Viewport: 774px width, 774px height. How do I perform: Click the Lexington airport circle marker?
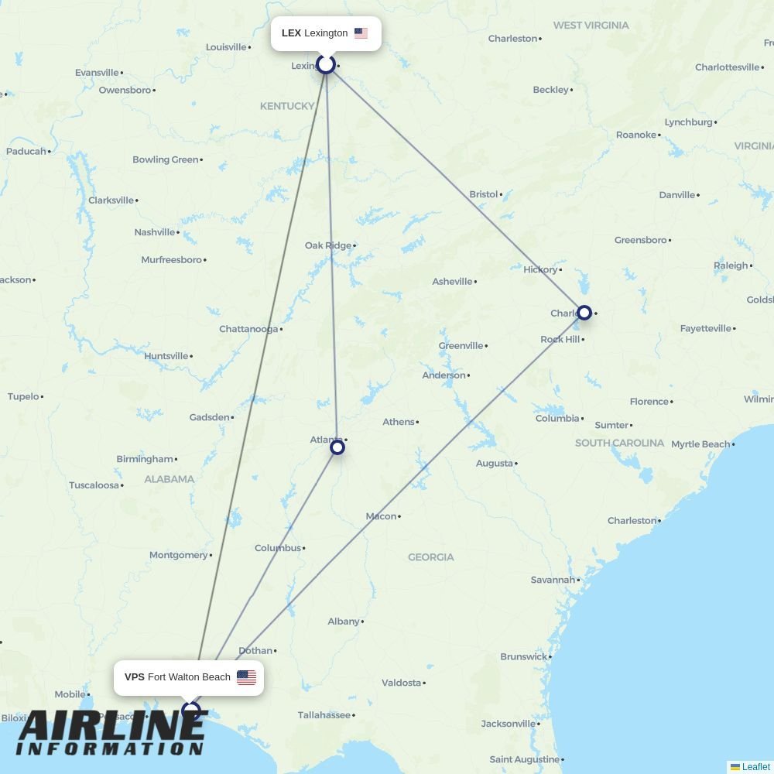326,63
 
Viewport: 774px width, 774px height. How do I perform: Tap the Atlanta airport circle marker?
337,447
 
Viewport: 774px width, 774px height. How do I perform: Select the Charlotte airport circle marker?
584,313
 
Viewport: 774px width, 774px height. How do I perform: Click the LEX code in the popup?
291,33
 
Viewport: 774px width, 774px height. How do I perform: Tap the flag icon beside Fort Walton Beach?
246,677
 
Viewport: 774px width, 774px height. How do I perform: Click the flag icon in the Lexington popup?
361,33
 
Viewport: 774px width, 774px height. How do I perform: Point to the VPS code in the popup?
134,677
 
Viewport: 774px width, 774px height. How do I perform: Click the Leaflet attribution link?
755,767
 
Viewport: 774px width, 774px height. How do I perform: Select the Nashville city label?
155,232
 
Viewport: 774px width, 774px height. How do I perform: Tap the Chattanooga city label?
248,329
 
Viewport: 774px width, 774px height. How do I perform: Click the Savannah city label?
553,580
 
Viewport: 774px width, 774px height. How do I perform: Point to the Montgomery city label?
179,555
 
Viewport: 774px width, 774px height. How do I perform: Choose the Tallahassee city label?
324,715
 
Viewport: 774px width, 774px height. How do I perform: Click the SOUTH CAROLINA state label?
619,443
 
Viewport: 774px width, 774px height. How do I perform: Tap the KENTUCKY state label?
287,106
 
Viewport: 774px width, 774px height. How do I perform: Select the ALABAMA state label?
170,479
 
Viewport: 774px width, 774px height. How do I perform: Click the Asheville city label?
452,282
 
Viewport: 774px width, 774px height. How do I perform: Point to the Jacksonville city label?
508,724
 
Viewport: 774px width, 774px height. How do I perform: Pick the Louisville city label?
226,47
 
